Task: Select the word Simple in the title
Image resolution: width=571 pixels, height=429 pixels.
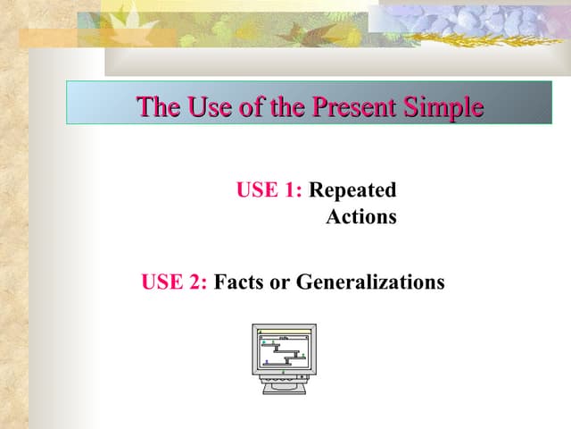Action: click(x=442, y=107)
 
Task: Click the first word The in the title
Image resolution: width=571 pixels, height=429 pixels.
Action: click(x=158, y=107)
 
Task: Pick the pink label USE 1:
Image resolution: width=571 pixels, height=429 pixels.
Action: click(x=269, y=190)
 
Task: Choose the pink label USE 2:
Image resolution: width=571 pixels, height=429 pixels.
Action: click(x=175, y=282)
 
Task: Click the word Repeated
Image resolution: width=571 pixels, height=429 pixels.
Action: click(x=352, y=190)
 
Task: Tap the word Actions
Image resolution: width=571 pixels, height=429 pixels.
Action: click(x=361, y=217)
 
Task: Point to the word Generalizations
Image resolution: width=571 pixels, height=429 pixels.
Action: click(x=369, y=282)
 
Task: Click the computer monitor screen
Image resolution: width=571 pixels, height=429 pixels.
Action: click(x=284, y=350)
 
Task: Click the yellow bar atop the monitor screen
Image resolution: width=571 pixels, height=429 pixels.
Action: click(x=284, y=332)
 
